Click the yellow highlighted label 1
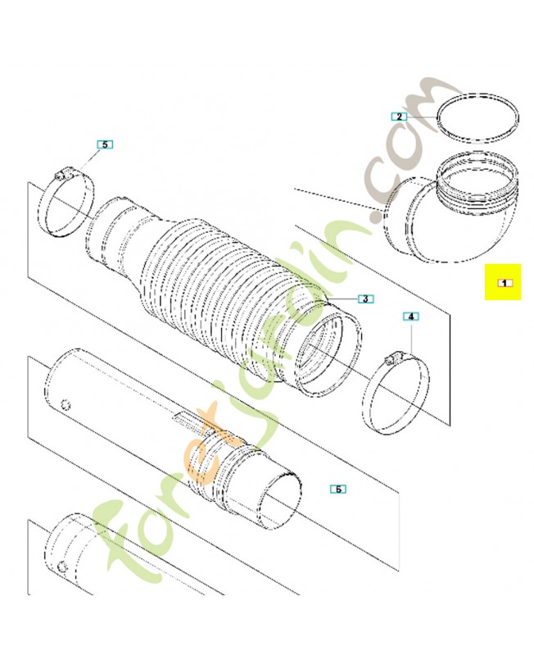click(x=503, y=282)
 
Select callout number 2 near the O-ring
click(x=398, y=116)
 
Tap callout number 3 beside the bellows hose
click(x=364, y=298)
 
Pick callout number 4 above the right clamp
click(x=410, y=316)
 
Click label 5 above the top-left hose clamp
click(x=104, y=144)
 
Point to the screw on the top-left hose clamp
click(x=60, y=175)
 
